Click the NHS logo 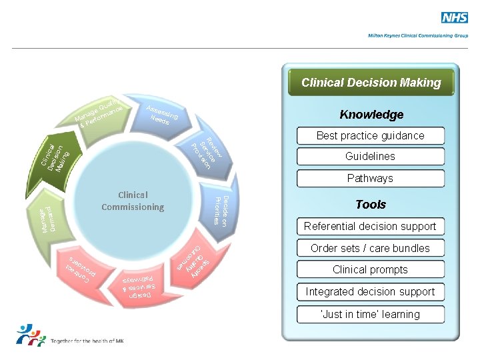[x=455, y=19]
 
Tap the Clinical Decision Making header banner [x=371, y=83]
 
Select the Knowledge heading [x=371, y=115]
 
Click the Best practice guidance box [x=370, y=136]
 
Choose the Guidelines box [x=370, y=157]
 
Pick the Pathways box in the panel [x=370, y=179]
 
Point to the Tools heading [x=371, y=205]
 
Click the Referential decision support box [x=370, y=227]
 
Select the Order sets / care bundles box [x=370, y=249]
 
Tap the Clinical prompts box [x=370, y=270]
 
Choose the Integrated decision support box [x=370, y=292]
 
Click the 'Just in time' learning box [x=370, y=315]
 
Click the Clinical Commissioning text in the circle [x=133, y=201]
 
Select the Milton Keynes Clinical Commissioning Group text [x=418, y=36]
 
